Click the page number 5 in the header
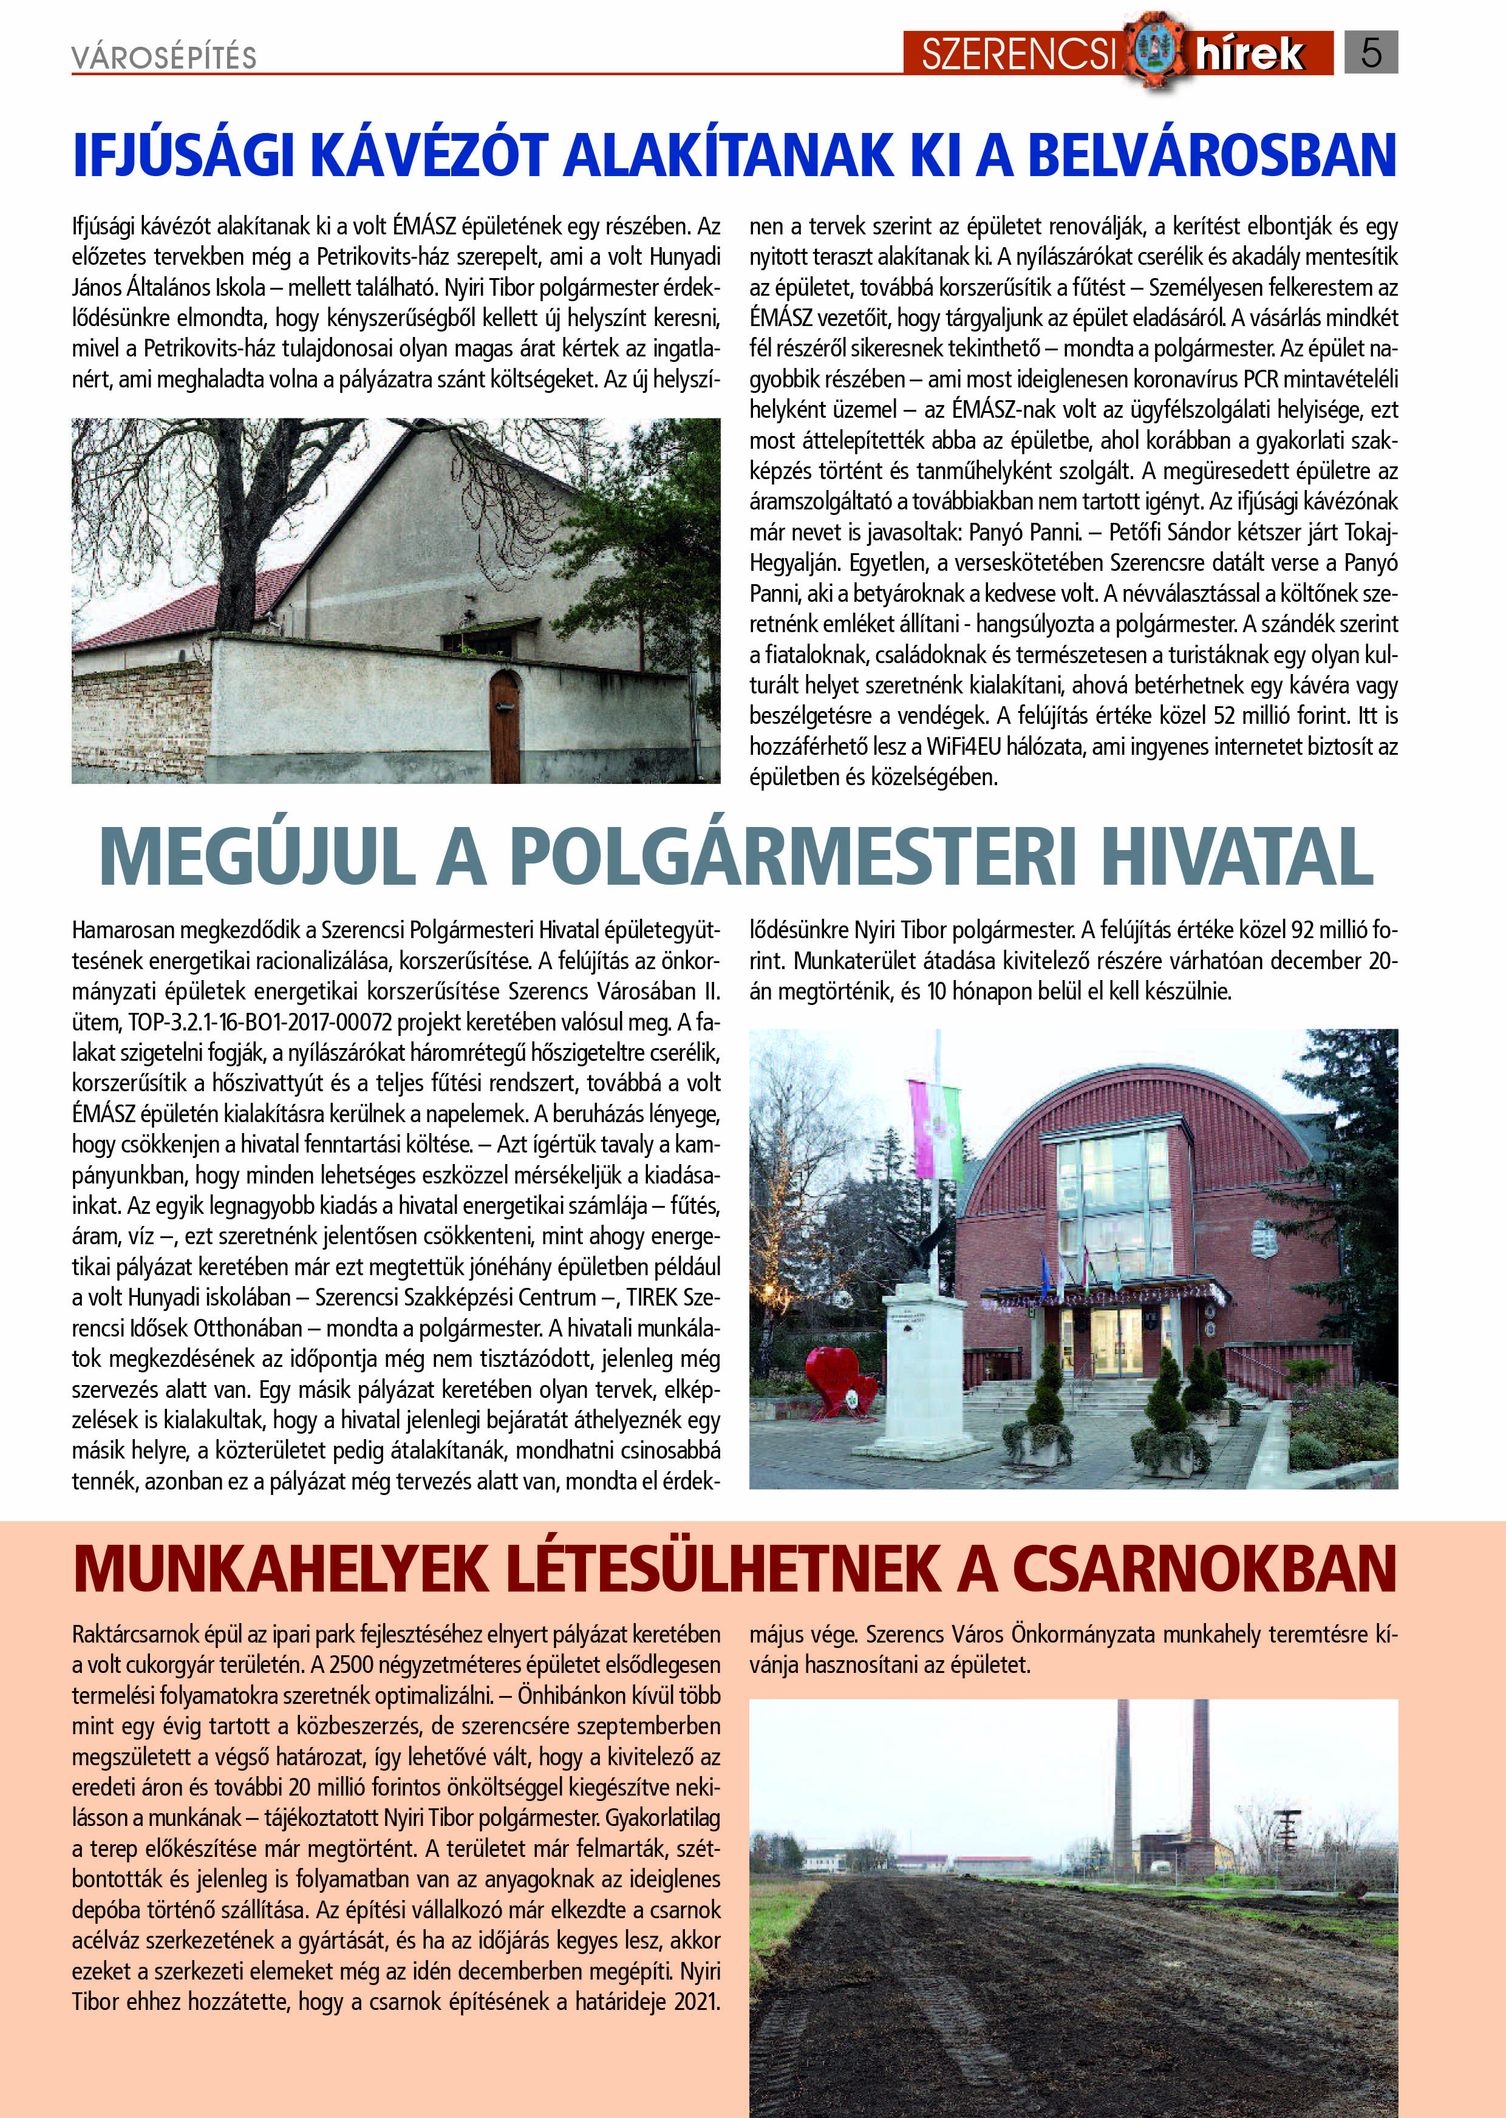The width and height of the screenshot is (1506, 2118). [1371, 53]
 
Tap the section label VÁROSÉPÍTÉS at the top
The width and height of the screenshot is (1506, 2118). [164, 58]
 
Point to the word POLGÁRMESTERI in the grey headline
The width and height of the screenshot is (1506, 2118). [793, 858]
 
